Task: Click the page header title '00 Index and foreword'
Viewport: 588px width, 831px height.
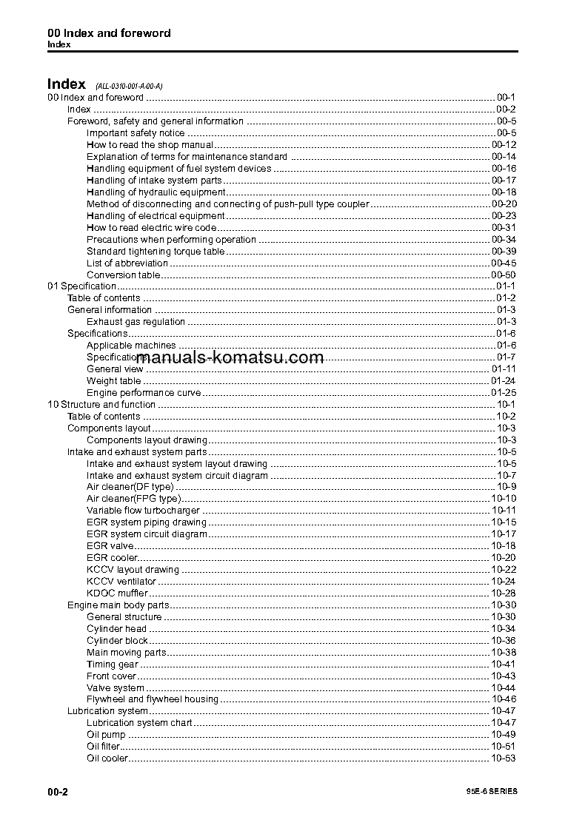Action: pos(109,33)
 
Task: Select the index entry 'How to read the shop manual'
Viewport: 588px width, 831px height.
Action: pos(150,145)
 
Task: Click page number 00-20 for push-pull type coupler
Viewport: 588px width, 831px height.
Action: pos(504,204)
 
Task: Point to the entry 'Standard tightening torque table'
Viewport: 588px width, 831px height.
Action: pos(156,252)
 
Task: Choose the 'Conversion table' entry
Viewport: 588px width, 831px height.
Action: pos(123,275)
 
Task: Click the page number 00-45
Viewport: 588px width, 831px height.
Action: pos(504,263)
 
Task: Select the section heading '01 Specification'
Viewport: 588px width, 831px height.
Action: pos(81,286)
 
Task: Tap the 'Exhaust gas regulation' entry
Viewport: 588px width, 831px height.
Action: pos(136,322)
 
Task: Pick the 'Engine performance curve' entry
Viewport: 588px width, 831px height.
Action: pos(144,393)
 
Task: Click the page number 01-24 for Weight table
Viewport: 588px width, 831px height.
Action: pos(504,381)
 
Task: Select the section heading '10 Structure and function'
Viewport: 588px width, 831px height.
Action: pos(101,405)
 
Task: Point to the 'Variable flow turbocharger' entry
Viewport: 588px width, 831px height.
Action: pos(144,511)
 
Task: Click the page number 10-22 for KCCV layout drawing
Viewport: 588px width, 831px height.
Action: pos(504,570)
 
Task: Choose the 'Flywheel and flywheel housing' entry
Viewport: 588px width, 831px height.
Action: pos(153,699)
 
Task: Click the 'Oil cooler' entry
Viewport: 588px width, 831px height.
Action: pos(107,758)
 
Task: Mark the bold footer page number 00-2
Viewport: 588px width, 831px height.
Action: pos(58,792)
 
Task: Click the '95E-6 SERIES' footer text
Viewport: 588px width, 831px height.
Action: pos(487,792)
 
